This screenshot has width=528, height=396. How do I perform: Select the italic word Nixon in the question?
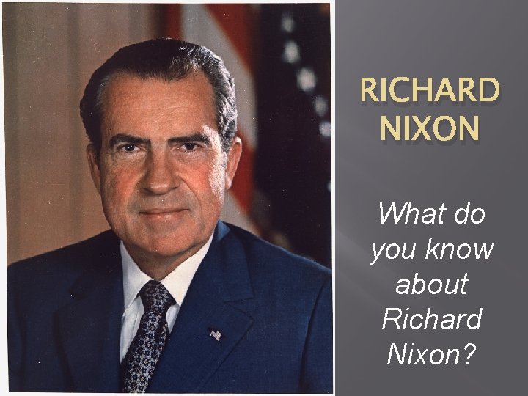[424, 355]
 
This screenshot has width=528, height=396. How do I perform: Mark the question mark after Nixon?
[469, 355]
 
